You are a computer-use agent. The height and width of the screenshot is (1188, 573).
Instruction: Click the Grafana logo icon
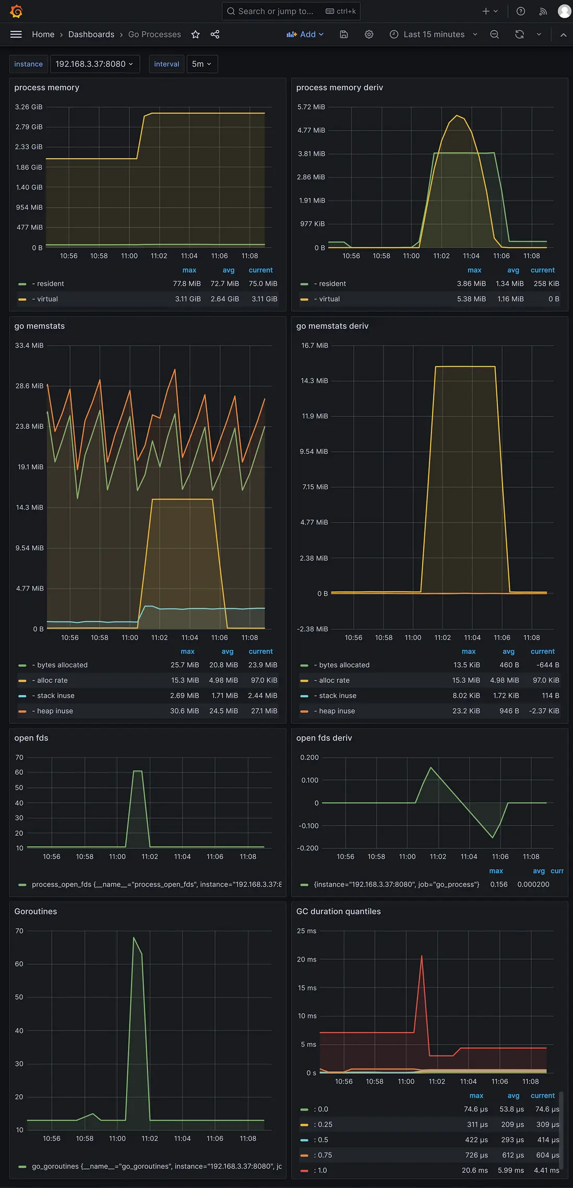[16, 11]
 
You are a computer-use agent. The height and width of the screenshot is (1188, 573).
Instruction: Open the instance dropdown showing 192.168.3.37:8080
[94, 64]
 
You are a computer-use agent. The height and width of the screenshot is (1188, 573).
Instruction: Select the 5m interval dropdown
[201, 64]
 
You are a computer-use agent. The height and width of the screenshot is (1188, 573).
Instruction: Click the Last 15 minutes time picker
[434, 34]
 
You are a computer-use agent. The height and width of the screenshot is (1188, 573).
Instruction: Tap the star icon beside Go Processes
[196, 34]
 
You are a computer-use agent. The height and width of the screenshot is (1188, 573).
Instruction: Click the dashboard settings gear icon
[369, 34]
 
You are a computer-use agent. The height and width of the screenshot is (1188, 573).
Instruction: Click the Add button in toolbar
[305, 34]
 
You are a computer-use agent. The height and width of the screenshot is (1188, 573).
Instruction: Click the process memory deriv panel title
[339, 88]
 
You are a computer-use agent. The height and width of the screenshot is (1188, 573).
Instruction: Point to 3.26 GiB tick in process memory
[29, 107]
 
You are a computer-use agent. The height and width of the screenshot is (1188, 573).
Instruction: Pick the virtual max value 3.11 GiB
[188, 299]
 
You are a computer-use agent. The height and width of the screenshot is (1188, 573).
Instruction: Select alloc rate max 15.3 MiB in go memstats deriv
[465, 680]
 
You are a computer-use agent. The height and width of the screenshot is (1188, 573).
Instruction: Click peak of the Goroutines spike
[134, 938]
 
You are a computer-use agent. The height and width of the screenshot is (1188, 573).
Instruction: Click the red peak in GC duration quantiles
[422, 956]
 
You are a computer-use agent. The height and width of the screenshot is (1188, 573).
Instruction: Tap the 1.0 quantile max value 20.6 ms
[474, 1170]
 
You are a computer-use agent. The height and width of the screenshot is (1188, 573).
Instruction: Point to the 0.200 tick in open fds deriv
[309, 758]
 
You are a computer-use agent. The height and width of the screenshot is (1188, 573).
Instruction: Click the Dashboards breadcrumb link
[91, 34]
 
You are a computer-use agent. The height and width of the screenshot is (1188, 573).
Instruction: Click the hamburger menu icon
[16, 34]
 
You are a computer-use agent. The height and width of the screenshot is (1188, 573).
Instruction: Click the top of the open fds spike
[138, 771]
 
